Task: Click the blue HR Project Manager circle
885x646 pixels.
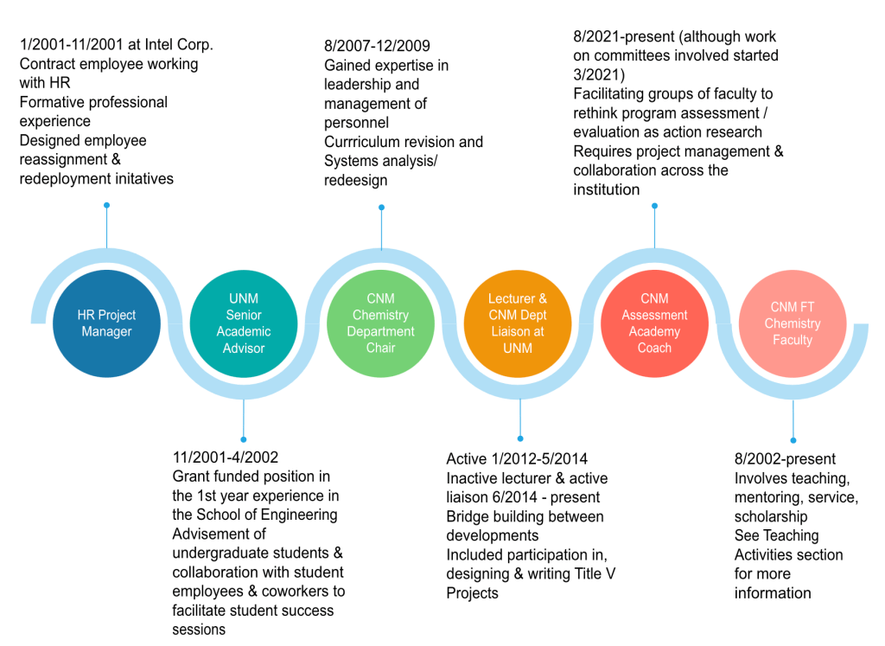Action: pyautogui.click(x=107, y=323)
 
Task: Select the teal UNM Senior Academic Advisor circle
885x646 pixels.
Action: pyautogui.click(x=244, y=323)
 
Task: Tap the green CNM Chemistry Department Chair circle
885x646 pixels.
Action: pyautogui.click(x=380, y=323)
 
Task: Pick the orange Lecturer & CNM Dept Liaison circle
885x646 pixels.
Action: pyautogui.click(x=518, y=323)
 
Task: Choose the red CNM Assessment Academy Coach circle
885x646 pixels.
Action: pyautogui.click(x=654, y=323)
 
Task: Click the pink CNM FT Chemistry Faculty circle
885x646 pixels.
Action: pyautogui.click(x=793, y=323)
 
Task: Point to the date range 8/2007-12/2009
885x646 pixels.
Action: pyautogui.click(x=377, y=46)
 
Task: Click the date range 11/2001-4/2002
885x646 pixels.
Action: pyautogui.click(x=226, y=457)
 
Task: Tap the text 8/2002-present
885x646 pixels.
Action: pyautogui.click(x=785, y=459)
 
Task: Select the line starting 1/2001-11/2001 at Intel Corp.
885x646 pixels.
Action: pyautogui.click(x=116, y=44)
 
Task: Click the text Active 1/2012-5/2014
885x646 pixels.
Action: pyautogui.click(x=517, y=459)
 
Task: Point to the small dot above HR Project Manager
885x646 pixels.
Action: pyautogui.click(x=106, y=205)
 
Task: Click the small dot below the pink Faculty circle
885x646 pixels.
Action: pyautogui.click(x=793, y=440)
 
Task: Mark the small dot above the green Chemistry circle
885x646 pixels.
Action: pyautogui.click(x=381, y=207)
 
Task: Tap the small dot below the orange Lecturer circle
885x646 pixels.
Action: pyautogui.click(x=519, y=439)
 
